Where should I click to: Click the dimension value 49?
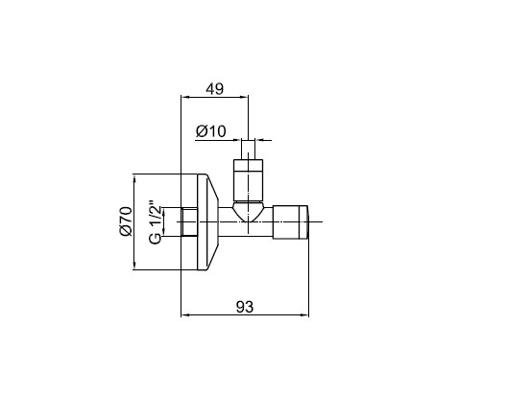point(214,89)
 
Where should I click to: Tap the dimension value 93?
point(245,307)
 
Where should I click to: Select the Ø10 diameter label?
point(211,131)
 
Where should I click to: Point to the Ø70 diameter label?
point(126,221)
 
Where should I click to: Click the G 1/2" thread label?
point(156,223)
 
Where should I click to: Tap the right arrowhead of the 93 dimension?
point(305,314)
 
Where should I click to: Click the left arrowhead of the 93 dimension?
point(185,314)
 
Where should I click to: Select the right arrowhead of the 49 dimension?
point(244,96)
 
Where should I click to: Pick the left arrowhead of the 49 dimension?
point(185,96)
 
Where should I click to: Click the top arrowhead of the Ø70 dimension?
point(134,178)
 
